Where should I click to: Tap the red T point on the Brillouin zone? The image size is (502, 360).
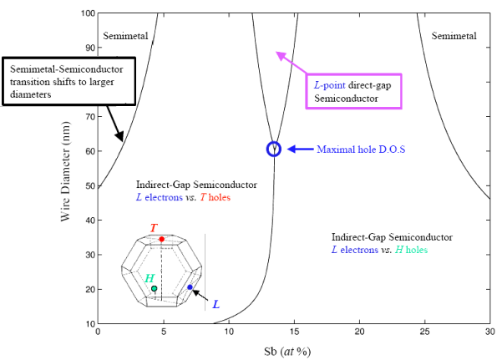pyautogui.click(x=162, y=239)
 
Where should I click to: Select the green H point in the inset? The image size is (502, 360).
pyautogui.click(x=154, y=288)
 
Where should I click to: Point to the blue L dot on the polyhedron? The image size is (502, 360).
pyautogui.click(x=190, y=287)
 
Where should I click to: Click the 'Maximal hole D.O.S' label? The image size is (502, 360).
pyautogui.click(x=361, y=150)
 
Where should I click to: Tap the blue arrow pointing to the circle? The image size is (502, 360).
pyautogui.click(x=301, y=149)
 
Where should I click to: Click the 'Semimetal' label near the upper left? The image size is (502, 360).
pyautogui.click(x=125, y=36)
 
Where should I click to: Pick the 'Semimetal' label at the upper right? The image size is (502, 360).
pyautogui.click(x=454, y=36)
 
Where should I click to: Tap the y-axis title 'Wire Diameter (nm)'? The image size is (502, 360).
pyautogui.click(x=65, y=171)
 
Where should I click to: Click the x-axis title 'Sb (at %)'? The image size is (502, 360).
pyautogui.click(x=287, y=352)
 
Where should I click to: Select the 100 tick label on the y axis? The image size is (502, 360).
pyautogui.click(x=88, y=13)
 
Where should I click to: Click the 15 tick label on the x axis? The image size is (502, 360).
pyautogui.click(x=294, y=332)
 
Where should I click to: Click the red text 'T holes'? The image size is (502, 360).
pyautogui.click(x=216, y=197)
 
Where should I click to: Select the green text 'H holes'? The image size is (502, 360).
pyautogui.click(x=412, y=250)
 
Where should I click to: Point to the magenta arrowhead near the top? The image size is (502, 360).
pyautogui.click(x=280, y=55)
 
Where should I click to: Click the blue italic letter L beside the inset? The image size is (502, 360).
pyautogui.click(x=216, y=304)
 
